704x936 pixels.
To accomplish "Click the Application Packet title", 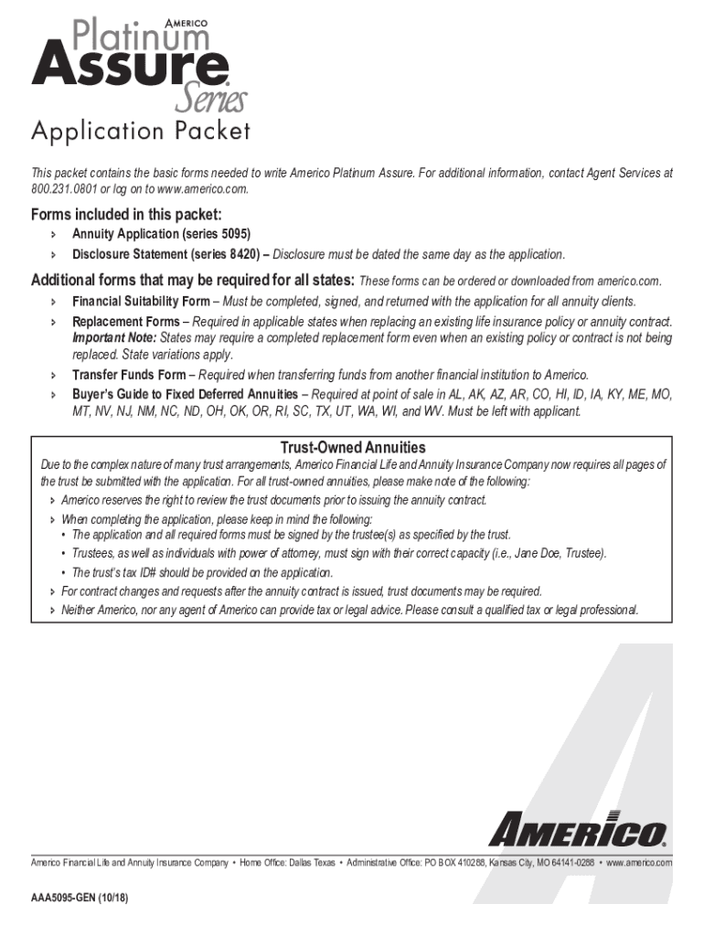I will (141, 132).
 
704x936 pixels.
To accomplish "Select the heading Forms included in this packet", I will (126, 215).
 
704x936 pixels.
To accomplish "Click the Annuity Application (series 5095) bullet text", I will (161, 235).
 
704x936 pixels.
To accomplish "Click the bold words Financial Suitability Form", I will (141, 302).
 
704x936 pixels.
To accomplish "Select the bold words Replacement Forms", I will (126, 322).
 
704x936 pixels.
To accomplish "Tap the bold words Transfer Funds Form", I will (129, 375).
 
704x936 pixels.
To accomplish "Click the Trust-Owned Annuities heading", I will (352, 448).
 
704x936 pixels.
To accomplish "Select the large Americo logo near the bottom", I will (576, 831).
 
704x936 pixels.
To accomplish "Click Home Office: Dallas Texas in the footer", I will (287, 863).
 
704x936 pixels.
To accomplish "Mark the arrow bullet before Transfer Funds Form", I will (53, 376).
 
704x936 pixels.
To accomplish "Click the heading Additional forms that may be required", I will (193, 280).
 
